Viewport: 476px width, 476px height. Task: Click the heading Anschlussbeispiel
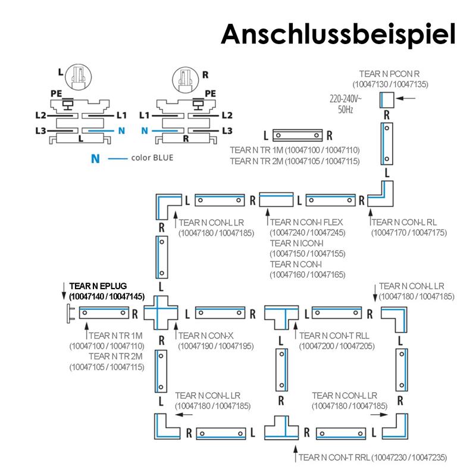coord(338,34)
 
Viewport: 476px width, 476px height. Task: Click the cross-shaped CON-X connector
coord(161,312)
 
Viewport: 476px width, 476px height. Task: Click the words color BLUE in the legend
coord(152,158)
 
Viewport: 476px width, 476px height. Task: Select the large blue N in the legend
coord(95,159)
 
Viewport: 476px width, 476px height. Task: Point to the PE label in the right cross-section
coord(210,93)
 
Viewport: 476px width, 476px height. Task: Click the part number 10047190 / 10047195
coord(208,346)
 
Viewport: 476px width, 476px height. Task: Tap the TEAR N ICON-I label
coord(296,243)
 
